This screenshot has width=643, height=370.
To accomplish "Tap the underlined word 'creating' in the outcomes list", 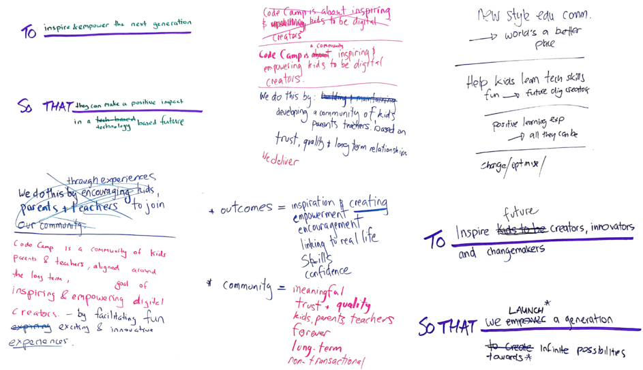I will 368,203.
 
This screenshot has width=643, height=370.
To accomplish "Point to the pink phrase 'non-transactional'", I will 328,359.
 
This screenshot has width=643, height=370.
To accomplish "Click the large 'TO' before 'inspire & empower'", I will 29,32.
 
